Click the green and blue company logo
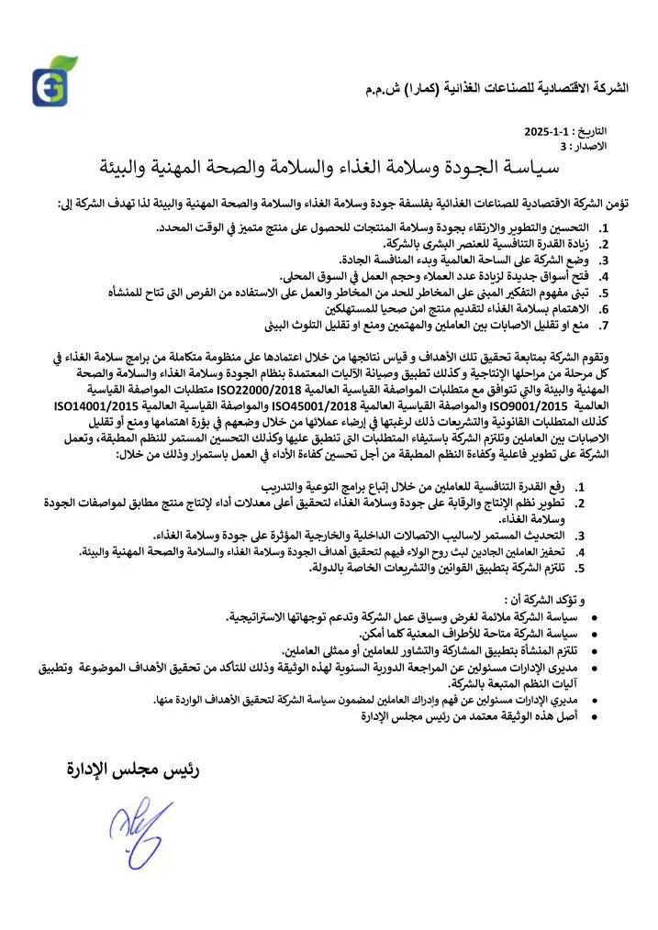[x=53, y=82]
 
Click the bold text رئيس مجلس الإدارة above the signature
[x=132, y=769]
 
